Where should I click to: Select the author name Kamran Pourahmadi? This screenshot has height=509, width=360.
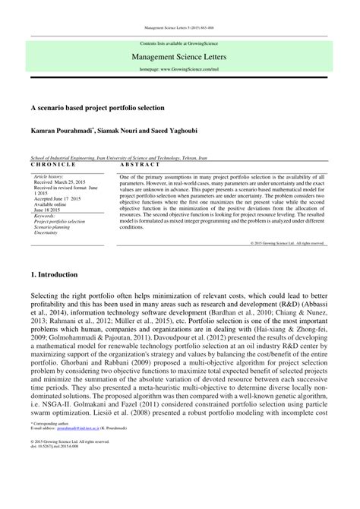coord(59,132)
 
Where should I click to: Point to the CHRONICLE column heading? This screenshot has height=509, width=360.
coord(53,163)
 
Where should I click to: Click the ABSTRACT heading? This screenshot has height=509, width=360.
coord(140,163)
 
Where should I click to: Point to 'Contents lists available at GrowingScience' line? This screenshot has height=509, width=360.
coord(179,43)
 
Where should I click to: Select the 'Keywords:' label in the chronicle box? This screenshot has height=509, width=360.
coord(45,216)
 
